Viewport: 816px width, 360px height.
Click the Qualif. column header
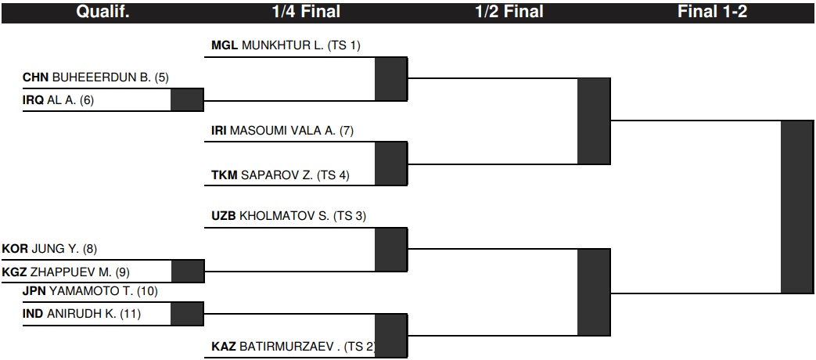[102, 12]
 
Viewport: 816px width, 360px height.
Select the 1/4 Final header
[306, 12]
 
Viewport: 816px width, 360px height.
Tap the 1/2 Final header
[509, 12]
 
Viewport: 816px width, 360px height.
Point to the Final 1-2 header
[712, 12]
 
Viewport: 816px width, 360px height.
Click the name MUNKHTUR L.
[282, 45]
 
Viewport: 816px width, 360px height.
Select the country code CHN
[35, 77]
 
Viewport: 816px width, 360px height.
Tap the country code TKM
[225, 175]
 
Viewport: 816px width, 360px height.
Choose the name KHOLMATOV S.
[284, 215]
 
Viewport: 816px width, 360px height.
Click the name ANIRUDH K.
[81, 314]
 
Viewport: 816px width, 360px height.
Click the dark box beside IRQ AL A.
[187, 99]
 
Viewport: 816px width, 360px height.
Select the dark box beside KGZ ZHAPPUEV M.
[188, 271]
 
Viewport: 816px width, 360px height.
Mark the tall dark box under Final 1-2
[796, 207]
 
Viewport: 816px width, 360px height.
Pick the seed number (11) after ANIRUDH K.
[130, 314]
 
